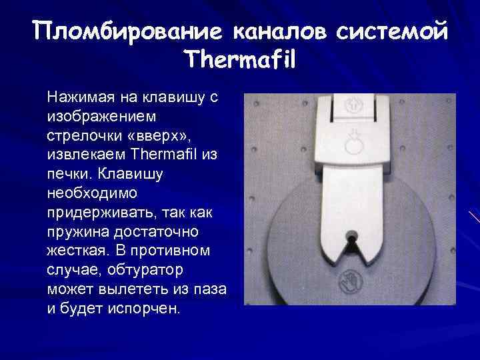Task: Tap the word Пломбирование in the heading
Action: click(x=127, y=31)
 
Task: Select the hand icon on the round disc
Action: click(x=349, y=279)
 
